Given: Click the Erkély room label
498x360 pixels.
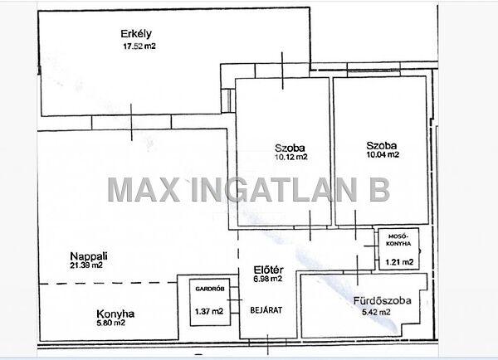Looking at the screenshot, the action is click(136, 34).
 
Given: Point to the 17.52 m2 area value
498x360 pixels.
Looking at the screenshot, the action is click(139, 46).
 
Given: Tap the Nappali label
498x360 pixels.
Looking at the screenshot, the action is click(89, 256).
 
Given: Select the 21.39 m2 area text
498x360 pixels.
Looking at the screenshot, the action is click(86, 265).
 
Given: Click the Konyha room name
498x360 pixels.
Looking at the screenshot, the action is click(115, 314).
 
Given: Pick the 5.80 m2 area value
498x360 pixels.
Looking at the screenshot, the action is click(111, 323).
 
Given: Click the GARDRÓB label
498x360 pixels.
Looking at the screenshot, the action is click(210, 289).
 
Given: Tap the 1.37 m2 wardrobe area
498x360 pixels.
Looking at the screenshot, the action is click(209, 311).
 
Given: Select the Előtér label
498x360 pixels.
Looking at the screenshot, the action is click(268, 270).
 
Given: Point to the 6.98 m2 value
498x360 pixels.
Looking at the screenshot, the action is click(268, 279).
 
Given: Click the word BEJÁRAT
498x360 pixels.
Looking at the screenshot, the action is click(266, 310).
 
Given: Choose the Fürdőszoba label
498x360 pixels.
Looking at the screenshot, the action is click(383, 300).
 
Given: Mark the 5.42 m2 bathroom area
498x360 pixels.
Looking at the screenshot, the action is click(376, 313).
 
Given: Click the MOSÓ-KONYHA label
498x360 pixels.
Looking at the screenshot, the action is click(399, 240).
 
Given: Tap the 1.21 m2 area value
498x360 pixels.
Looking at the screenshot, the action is click(399, 262).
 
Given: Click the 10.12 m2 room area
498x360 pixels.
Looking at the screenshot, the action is click(291, 157).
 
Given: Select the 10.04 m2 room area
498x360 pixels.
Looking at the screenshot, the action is click(383, 155).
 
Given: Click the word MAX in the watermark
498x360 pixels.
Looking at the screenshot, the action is click(144, 190).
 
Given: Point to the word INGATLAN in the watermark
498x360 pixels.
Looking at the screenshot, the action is click(275, 190).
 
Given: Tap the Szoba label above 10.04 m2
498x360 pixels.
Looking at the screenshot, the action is click(382, 146).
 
